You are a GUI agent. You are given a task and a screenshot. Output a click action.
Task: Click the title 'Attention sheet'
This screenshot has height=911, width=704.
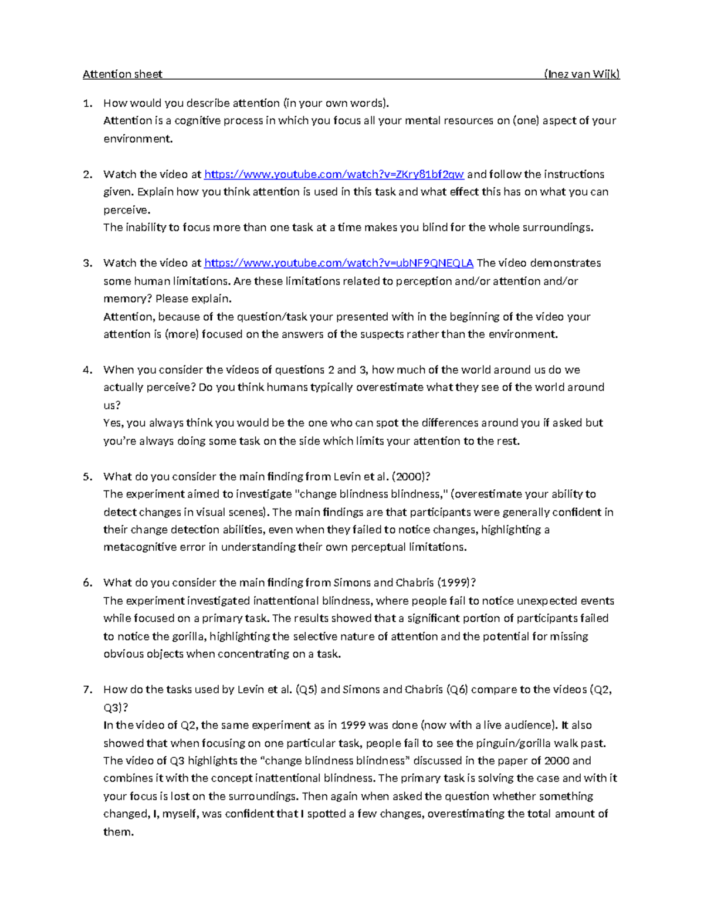pyautogui.click(x=122, y=74)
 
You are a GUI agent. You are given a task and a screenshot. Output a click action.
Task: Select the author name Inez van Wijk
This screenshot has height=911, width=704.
pyautogui.click(x=581, y=74)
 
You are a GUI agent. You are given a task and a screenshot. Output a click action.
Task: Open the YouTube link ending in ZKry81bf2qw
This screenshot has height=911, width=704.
pyautogui.click(x=334, y=174)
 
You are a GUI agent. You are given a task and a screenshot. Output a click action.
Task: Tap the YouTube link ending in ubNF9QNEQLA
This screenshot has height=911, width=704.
pyautogui.click(x=339, y=263)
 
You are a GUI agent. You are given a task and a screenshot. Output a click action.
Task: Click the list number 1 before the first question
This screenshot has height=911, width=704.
pyautogui.click(x=87, y=103)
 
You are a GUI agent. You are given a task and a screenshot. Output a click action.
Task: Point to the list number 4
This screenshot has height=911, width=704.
pyautogui.click(x=87, y=370)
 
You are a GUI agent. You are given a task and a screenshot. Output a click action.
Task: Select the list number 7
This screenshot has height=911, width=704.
pyautogui.click(x=87, y=689)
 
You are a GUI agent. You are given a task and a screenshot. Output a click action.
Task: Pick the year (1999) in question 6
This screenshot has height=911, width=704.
pyautogui.click(x=456, y=583)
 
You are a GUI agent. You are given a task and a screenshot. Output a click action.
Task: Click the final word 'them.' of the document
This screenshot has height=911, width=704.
pyautogui.click(x=119, y=832)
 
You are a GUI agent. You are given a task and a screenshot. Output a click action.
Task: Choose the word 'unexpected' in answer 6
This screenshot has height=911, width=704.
pyautogui.click(x=547, y=601)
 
